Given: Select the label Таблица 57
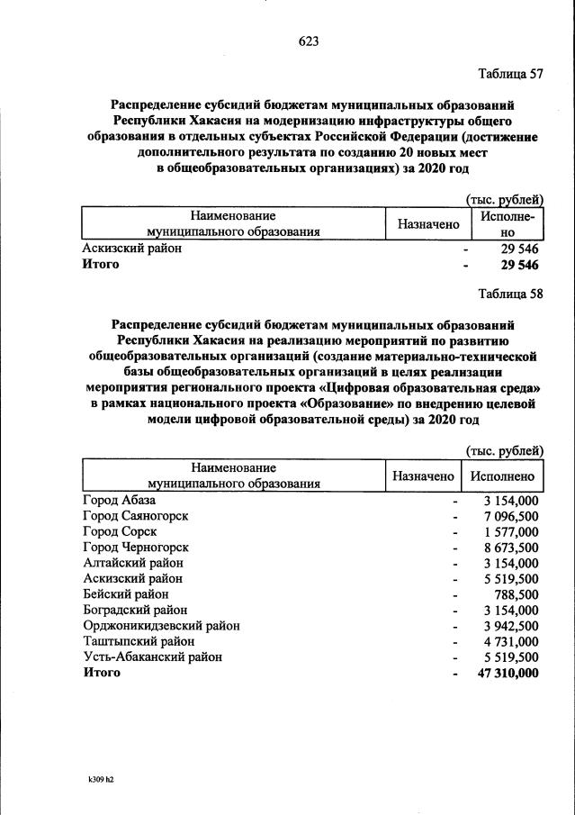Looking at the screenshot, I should pyautogui.click(x=511, y=74).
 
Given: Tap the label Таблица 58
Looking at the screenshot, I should pyautogui.click(x=511, y=294).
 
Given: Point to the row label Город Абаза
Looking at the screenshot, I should pyautogui.click(x=120, y=500).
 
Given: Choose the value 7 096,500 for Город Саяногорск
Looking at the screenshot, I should pyautogui.click(x=511, y=515).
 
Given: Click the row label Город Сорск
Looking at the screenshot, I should pyautogui.click(x=120, y=531).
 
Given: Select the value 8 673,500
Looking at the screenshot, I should pyautogui.click(x=511, y=547).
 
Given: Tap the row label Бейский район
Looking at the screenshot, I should pyautogui.click(x=125, y=594).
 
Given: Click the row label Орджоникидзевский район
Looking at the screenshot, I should pyautogui.click(x=161, y=626).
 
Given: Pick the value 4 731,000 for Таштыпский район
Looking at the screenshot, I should pyautogui.click(x=511, y=641).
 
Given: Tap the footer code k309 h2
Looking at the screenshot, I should pyautogui.click(x=94, y=780).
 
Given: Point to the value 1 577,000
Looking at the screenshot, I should pyautogui.click(x=511, y=531).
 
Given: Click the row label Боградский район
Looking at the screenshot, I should pyautogui.click(x=134, y=610).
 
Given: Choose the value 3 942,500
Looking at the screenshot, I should pyautogui.click(x=511, y=626).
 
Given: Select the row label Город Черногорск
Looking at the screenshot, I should pyautogui.click(x=135, y=547).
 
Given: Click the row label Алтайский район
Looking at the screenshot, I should pyautogui.click(x=132, y=563).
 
